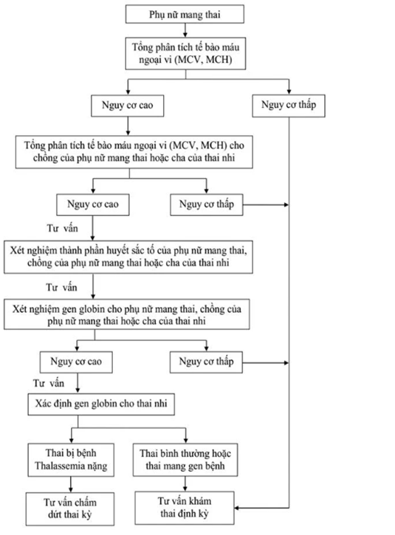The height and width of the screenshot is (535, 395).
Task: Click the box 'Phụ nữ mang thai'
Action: tap(185, 14)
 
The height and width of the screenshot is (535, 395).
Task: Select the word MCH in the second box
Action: tap(219, 60)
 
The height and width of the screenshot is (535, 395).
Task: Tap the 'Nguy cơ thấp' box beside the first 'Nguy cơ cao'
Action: tap(289, 106)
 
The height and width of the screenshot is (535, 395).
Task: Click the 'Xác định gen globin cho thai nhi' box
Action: tap(101, 404)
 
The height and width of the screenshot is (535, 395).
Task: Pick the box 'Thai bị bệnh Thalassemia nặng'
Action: tap(71, 460)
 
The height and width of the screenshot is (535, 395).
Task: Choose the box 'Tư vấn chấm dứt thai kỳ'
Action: tap(70, 508)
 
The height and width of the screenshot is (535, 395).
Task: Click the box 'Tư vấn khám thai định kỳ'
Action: tap(185, 508)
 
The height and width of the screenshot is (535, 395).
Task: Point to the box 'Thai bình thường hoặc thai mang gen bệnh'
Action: tap(185, 460)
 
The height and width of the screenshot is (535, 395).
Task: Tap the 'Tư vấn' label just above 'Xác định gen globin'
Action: tap(49, 384)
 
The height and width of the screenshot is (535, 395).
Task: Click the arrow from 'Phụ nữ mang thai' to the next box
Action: tap(185, 30)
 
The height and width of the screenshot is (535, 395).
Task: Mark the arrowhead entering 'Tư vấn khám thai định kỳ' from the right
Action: tap(237, 508)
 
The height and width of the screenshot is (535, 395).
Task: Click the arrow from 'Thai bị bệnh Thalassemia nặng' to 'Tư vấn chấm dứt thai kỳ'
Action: tap(71, 485)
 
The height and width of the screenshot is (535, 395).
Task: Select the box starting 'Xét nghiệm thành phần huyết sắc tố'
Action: tap(128, 257)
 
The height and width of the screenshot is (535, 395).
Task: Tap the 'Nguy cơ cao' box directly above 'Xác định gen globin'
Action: tap(76, 362)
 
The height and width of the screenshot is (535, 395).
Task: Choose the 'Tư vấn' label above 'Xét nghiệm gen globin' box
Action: tap(61, 288)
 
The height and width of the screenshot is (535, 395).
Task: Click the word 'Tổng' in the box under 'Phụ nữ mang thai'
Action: tap(141, 47)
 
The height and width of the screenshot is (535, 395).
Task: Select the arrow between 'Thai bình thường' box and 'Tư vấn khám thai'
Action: tap(185, 483)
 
